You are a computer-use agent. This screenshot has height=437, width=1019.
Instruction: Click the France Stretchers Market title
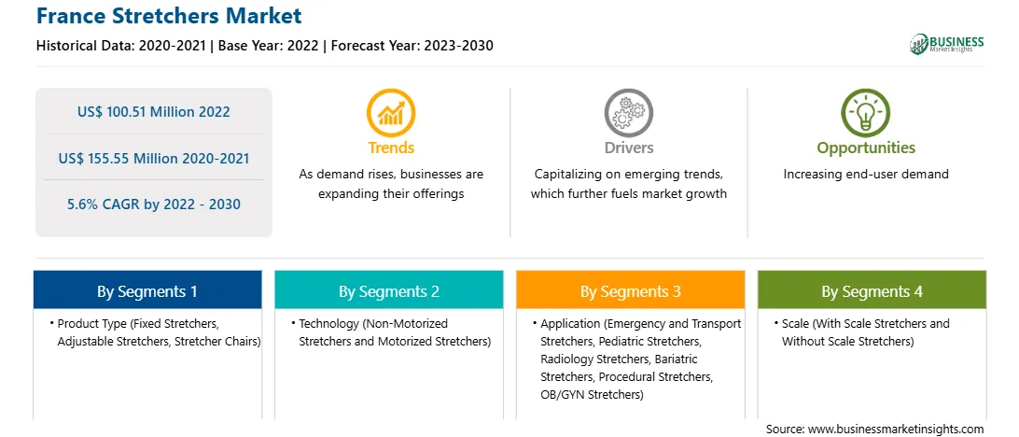coord(168,15)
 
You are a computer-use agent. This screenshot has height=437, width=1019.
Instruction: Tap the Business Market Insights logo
coord(947,44)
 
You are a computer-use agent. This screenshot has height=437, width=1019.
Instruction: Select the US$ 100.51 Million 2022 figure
coord(153,111)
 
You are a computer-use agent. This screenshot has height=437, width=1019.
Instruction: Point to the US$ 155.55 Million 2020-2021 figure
coord(153,158)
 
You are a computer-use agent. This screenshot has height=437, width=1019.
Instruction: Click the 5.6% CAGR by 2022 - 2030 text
coord(153,204)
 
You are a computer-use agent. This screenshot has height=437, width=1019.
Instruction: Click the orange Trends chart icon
coord(391,112)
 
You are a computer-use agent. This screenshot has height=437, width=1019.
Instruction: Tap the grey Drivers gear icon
coord(628,112)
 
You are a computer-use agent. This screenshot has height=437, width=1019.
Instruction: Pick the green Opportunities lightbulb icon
coord(866,112)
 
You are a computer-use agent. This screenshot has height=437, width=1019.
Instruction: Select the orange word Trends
coord(391,148)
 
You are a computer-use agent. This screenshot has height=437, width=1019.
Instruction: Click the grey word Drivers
coord(628,148)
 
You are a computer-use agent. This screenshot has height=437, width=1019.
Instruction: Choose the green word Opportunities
coord(866,148)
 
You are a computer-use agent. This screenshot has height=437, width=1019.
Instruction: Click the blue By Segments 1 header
coord(147,290)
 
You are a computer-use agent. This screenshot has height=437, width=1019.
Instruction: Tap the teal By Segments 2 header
coord(388,290)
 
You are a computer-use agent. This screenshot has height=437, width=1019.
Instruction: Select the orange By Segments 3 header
coord(631,290)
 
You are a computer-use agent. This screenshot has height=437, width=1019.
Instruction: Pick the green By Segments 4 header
coord(872,290)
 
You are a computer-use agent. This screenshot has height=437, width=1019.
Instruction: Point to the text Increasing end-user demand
coord(866,175)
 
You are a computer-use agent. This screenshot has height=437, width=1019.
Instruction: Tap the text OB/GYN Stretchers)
coord(592,394)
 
